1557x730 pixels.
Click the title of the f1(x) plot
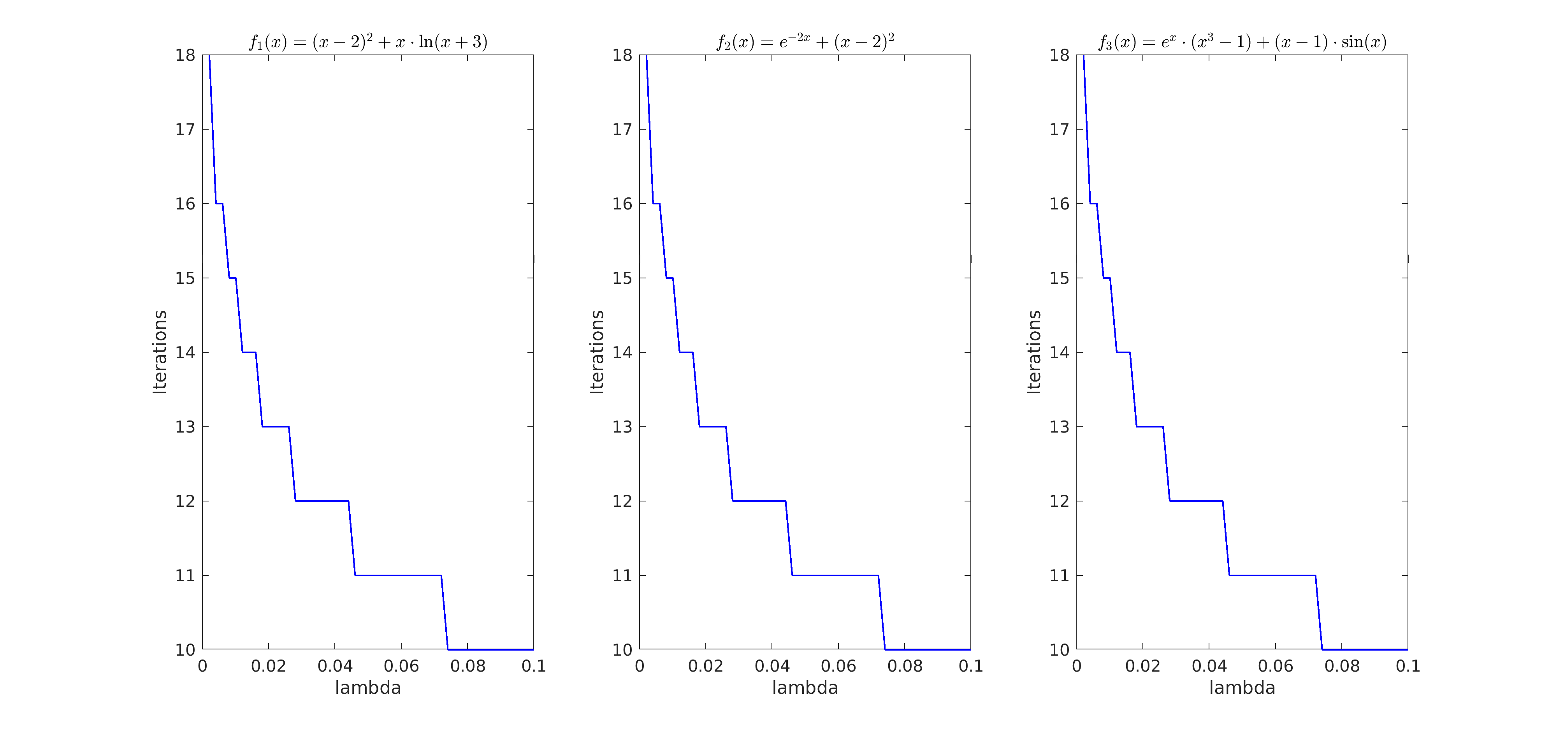[368, 42]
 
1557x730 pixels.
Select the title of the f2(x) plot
[805, 42]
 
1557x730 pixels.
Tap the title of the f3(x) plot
[1242, 42]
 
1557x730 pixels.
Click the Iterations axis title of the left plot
[160, 352]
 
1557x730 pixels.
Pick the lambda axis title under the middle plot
[805, 688]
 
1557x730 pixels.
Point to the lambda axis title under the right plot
[1242, 688]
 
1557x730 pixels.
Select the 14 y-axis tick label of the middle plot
[622, 353]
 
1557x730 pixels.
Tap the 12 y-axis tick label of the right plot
[1060, 501]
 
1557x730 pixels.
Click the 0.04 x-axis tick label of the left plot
[335, 666]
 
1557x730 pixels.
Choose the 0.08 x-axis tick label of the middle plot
[905, 666]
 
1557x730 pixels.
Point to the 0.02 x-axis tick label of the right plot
[1142, 666]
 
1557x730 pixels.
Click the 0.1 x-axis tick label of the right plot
[1408, 666]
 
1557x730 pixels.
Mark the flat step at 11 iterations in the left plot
[398, 575]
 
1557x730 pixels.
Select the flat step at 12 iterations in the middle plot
[759, 501]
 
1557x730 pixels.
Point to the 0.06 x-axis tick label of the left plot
[401, 666]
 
